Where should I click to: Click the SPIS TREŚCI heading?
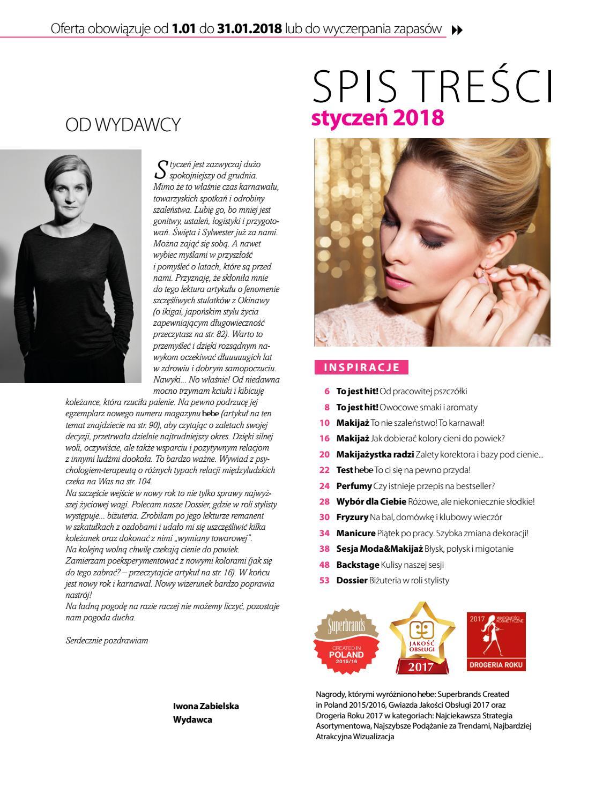click(x=432, y=88)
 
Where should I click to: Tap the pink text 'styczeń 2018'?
click(x=377, y=117)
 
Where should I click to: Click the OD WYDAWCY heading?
click(x=123, y=125)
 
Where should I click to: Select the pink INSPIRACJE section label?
click(x=362, y=367)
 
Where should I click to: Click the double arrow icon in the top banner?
click(x=457, y=31)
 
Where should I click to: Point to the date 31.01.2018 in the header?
click(x=250, y=29)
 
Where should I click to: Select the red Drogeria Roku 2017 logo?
click(x=496, y=641)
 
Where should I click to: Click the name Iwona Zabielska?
click(x=206, y=706)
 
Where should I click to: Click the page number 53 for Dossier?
click(x=324, y=580)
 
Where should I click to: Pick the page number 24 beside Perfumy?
click(x=324, y=486)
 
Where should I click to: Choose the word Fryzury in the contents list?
click(x=352, y=517)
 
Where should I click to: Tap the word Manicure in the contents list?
click(x=355, y=533)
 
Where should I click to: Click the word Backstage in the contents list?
click(x=358, y=565)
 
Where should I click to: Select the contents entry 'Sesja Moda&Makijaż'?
click(x=380, y=549)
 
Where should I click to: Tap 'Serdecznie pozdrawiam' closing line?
click(x=107, y=640)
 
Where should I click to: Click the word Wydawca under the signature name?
click(x=192, y=719)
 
